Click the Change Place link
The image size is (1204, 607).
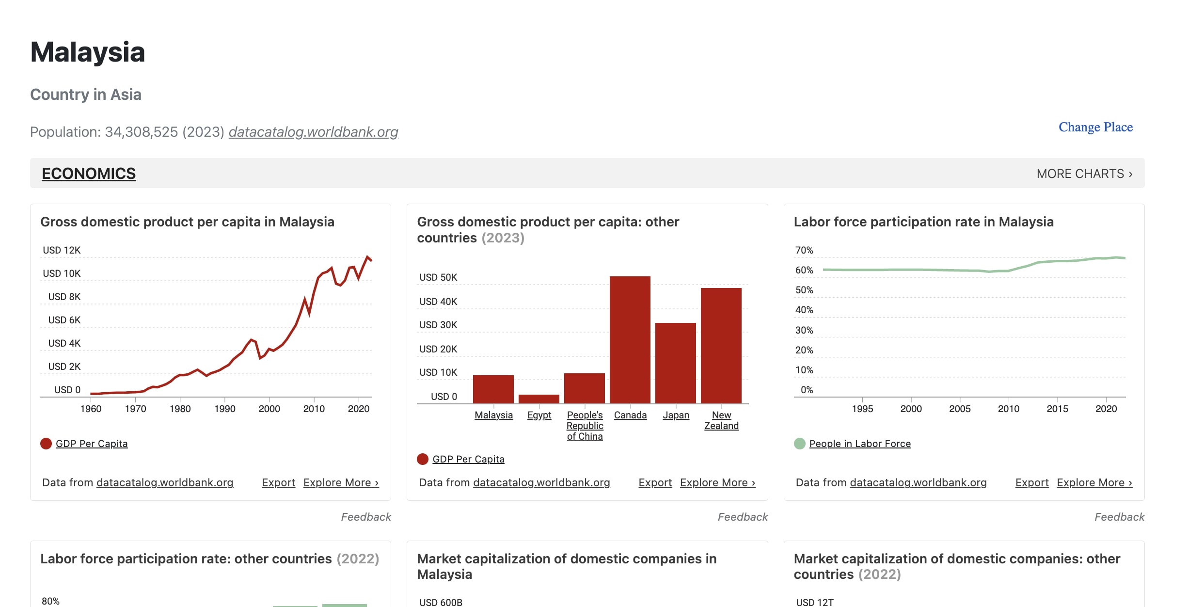click(1095, 127)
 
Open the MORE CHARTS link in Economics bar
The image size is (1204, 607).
click(1084, 174)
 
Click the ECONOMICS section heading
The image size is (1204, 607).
click(89, 174)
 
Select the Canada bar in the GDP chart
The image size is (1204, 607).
click(630, 339)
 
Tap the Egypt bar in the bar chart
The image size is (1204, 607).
click(539, 399)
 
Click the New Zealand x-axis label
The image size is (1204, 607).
click(721, 420)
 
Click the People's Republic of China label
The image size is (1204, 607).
click(585, 426)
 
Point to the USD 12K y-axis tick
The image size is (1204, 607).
click(62, 250)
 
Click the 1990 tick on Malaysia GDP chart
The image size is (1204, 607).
click(225, 409)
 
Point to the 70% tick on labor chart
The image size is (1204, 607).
click(804, 250)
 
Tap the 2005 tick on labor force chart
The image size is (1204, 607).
click(960, 409)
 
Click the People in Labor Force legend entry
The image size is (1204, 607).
click(859, 444)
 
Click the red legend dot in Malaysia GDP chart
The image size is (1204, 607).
click(46, 444)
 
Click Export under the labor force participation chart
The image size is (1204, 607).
click(1031, 483)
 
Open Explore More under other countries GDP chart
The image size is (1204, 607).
click(717, 483)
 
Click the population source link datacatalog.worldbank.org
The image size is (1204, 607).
click(313, 132)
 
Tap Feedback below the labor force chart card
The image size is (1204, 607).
click(1119, 517)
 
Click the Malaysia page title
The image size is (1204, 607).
click(88, 52)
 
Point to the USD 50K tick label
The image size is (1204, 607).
click(438, 277)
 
